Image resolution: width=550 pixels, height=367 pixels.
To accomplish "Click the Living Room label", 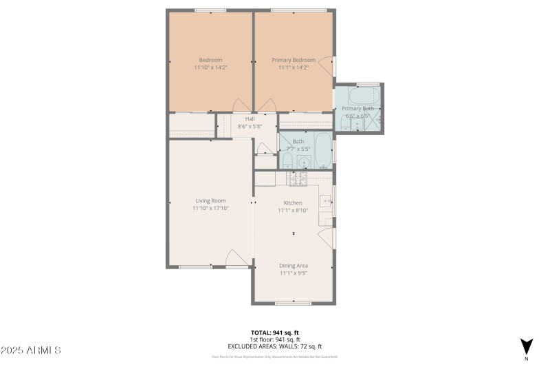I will [210, 200].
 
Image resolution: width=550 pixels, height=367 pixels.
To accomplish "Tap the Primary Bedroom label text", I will [294, 60].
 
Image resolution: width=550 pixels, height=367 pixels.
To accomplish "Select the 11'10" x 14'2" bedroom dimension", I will [210, 67].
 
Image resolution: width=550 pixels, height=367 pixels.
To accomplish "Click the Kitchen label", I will [294, 202].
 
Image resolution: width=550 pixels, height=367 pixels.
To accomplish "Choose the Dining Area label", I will [294, 265].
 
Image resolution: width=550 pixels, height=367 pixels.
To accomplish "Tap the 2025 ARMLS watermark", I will [31, 350].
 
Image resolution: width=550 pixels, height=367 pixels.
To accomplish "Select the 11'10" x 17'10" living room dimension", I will [210, 208].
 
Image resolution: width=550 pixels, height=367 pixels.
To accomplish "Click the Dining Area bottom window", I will [294, 303].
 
